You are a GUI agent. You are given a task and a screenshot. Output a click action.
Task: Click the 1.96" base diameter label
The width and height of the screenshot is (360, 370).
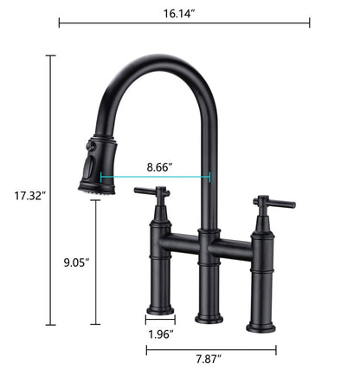point(159,334)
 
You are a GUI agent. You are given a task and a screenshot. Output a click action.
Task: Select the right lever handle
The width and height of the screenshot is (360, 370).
point(265,203)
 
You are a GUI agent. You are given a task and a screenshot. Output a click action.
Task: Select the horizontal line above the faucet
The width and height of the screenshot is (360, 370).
point(183,23)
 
